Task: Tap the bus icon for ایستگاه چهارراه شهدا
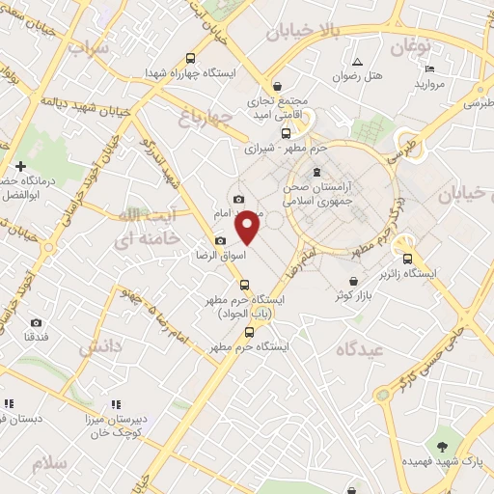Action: tap(189, 58)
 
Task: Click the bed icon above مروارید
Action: tap(429, 69)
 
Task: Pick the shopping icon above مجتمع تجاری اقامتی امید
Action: tap(277, 86)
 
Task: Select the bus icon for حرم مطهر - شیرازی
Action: tap(285, 133)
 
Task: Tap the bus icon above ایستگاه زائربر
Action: tap(407, 259)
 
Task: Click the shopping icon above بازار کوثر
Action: tap(354, 282)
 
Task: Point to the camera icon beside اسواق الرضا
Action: tap(220, 241)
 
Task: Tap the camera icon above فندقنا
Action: tap(37, 322)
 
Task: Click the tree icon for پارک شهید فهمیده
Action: tap(442, 446)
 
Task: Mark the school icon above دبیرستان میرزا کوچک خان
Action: tap(115, 404)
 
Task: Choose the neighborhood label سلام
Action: tap(50, 464)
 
